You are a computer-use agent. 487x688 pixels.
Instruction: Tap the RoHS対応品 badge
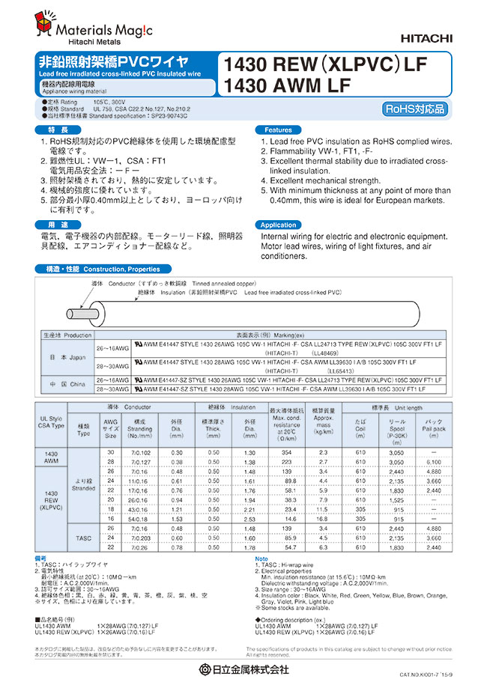coord(417,109)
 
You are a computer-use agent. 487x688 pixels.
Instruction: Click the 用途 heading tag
coord(58,225)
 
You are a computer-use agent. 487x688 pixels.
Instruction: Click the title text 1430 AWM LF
coord(284,87)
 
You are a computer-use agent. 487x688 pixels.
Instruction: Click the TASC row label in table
coord(83,538)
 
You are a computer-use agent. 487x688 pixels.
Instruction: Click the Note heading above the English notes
coord(261,559)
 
